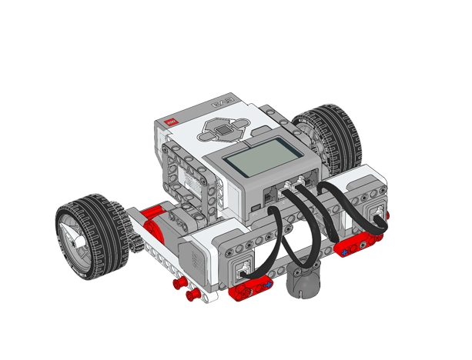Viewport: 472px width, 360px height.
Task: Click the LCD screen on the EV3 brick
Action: (259, 162)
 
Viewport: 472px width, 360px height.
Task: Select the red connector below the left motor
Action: (250, 289)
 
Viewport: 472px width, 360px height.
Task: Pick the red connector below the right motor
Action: (355, 245)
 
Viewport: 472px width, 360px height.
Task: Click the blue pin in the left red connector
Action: (267, 285)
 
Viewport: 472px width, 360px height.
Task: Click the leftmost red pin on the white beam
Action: (176, 283)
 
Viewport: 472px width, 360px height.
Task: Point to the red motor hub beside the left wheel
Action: (152, 223)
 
